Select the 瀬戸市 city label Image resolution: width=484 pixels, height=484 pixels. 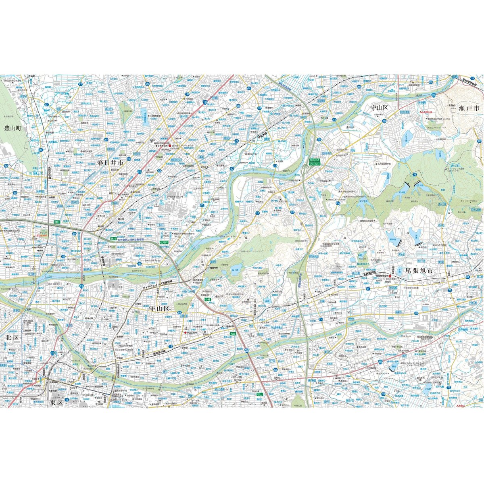pos(469,108)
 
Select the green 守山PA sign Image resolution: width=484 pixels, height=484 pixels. pos(314,161)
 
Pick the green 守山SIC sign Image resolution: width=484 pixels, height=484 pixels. pos(314,165)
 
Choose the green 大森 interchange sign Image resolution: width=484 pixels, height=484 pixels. pos(233,334)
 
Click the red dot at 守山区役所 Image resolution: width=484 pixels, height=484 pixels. pos(186,333)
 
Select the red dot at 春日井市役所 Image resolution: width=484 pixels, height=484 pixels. pos(169,146)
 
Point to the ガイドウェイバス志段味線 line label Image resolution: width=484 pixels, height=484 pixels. pos(157,284)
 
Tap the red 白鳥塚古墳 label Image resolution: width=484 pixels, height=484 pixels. pos(427,112)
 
